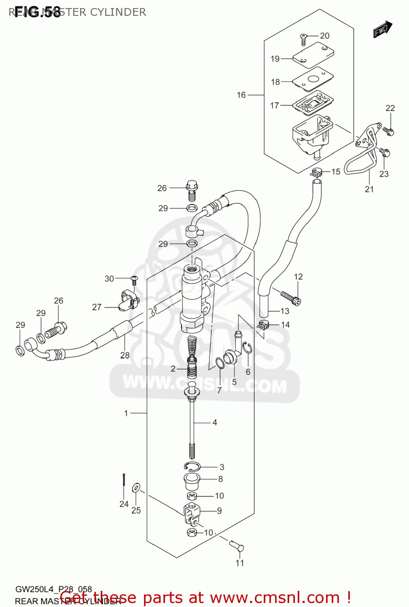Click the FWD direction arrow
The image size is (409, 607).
tap(382, 29)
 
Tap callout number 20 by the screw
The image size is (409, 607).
tap(324, 36)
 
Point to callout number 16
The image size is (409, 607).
tap(241, 95)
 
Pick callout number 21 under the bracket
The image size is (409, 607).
tap(369, 189)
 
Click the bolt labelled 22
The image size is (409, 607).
tap(388, 131)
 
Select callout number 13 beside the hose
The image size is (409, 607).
tap(285, 311)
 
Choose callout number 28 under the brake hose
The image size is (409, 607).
tap(125, 355)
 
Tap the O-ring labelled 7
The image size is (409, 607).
tap(220, 363)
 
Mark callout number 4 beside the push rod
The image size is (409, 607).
tap(214, 422)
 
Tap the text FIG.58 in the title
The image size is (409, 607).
tap(37, 12)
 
